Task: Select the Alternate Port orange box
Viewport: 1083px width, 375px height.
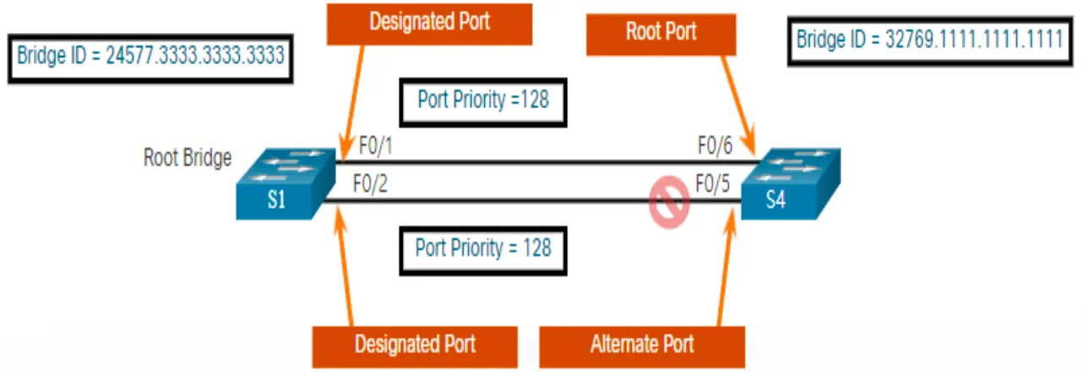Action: [643, 344]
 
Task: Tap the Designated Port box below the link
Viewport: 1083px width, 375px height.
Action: [415, 344]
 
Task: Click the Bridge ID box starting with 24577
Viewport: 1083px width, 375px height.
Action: [150, 57]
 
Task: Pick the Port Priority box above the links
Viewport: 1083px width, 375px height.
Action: [482, 101]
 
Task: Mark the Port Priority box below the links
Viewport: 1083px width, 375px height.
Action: [482, 247]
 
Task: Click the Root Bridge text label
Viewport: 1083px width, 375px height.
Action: [188, 158]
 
